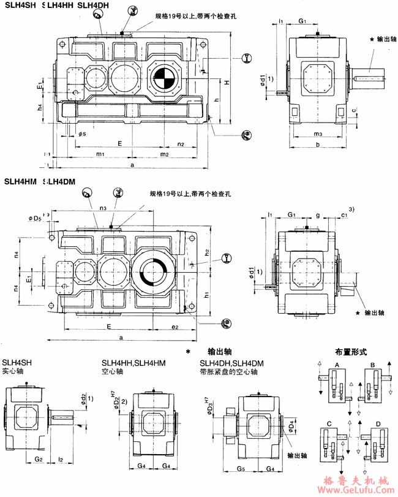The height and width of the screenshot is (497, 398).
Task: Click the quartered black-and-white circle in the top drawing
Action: [x=163, y=79]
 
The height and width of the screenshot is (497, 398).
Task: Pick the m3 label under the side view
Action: [x=317, y=133]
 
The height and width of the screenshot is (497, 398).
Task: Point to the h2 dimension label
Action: [x=208, y=252]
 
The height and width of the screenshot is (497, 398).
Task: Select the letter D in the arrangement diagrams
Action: [x=377, y=423]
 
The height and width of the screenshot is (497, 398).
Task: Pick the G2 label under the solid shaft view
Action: [x=37, y=458]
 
